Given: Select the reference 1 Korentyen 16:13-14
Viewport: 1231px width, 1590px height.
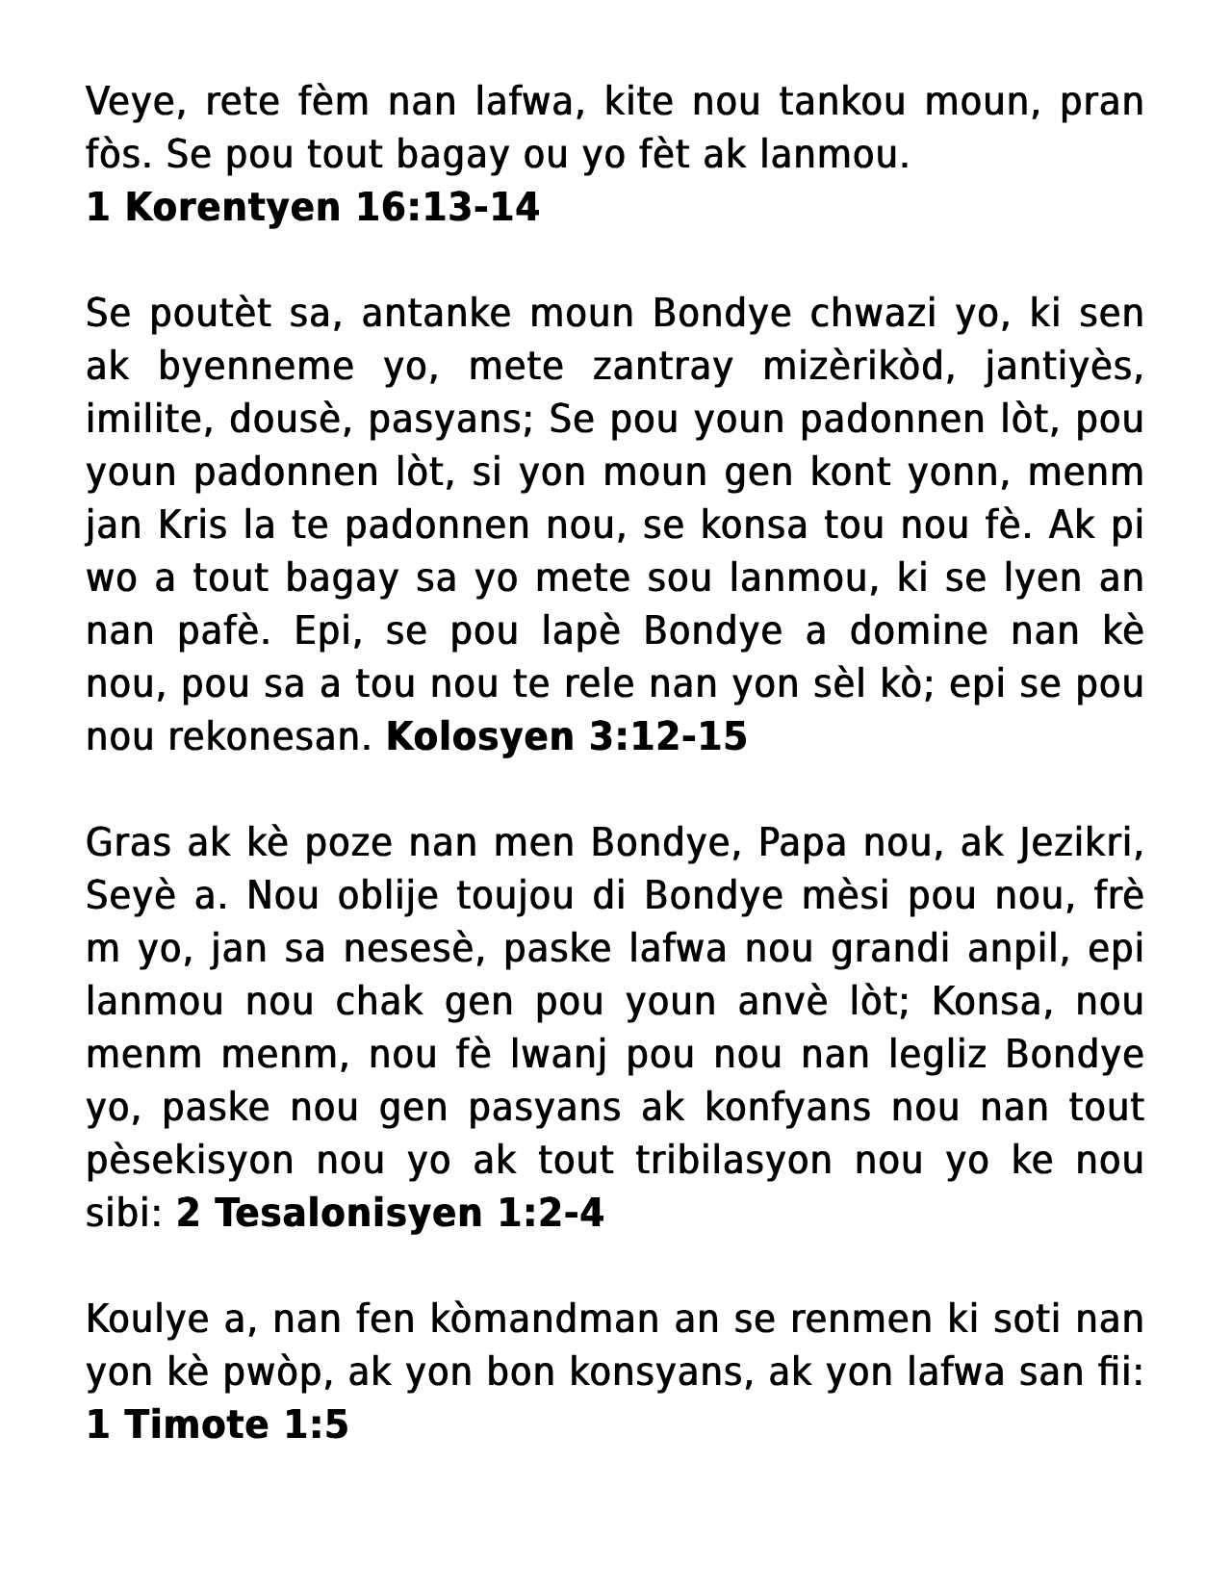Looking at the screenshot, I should click(313, 207).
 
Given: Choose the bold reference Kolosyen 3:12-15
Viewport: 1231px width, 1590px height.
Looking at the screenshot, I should click(566, 737).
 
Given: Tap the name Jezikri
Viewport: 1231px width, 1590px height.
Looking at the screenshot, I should click(1080, 843).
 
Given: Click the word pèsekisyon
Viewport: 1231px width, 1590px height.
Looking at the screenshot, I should click(190, 1161).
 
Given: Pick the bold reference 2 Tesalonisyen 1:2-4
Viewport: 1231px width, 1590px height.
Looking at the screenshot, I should click(390, 1214).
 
